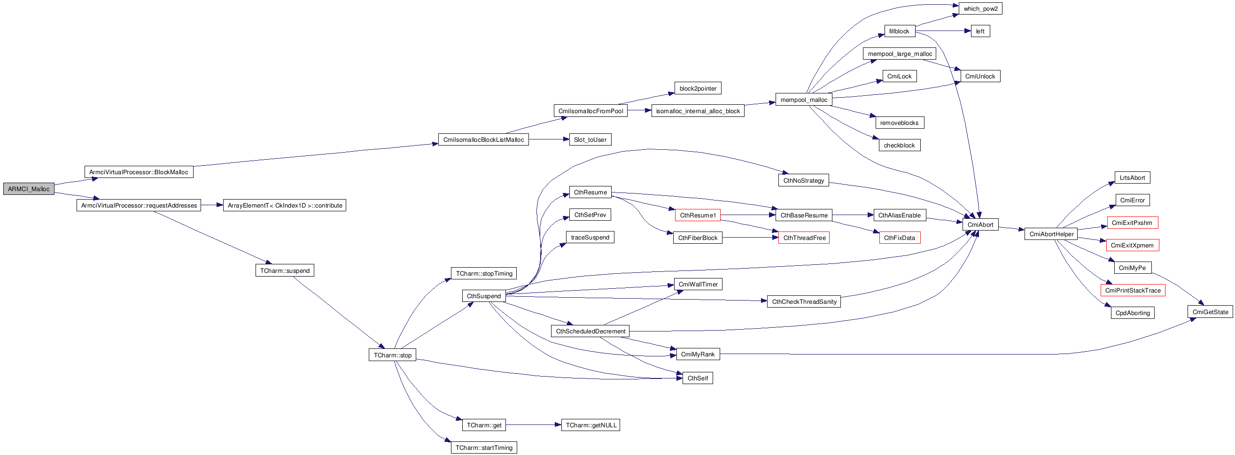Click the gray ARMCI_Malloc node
(x=29, y=189)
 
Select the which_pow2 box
(x=980, y=8)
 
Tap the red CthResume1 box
(x=698, y=215)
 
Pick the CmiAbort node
(x=980, y=224)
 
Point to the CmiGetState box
(x=1210, y=312)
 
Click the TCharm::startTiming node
(x=484, y=447)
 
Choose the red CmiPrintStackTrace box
(x=1133, y=290)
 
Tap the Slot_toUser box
(x=590, y=139)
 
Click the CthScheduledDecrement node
(x=590, y=331)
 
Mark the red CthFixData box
(x=900, y=238)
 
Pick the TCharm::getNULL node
(x=590, y=425)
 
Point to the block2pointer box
(x=698, y=88)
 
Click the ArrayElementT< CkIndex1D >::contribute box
(x=284, y=205)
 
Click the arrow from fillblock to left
(x=942, y=31)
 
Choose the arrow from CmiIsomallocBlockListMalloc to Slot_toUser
(x=549, y=139)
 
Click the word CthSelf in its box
(x=698, y=378)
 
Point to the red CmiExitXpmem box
(x=1132, y=245)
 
